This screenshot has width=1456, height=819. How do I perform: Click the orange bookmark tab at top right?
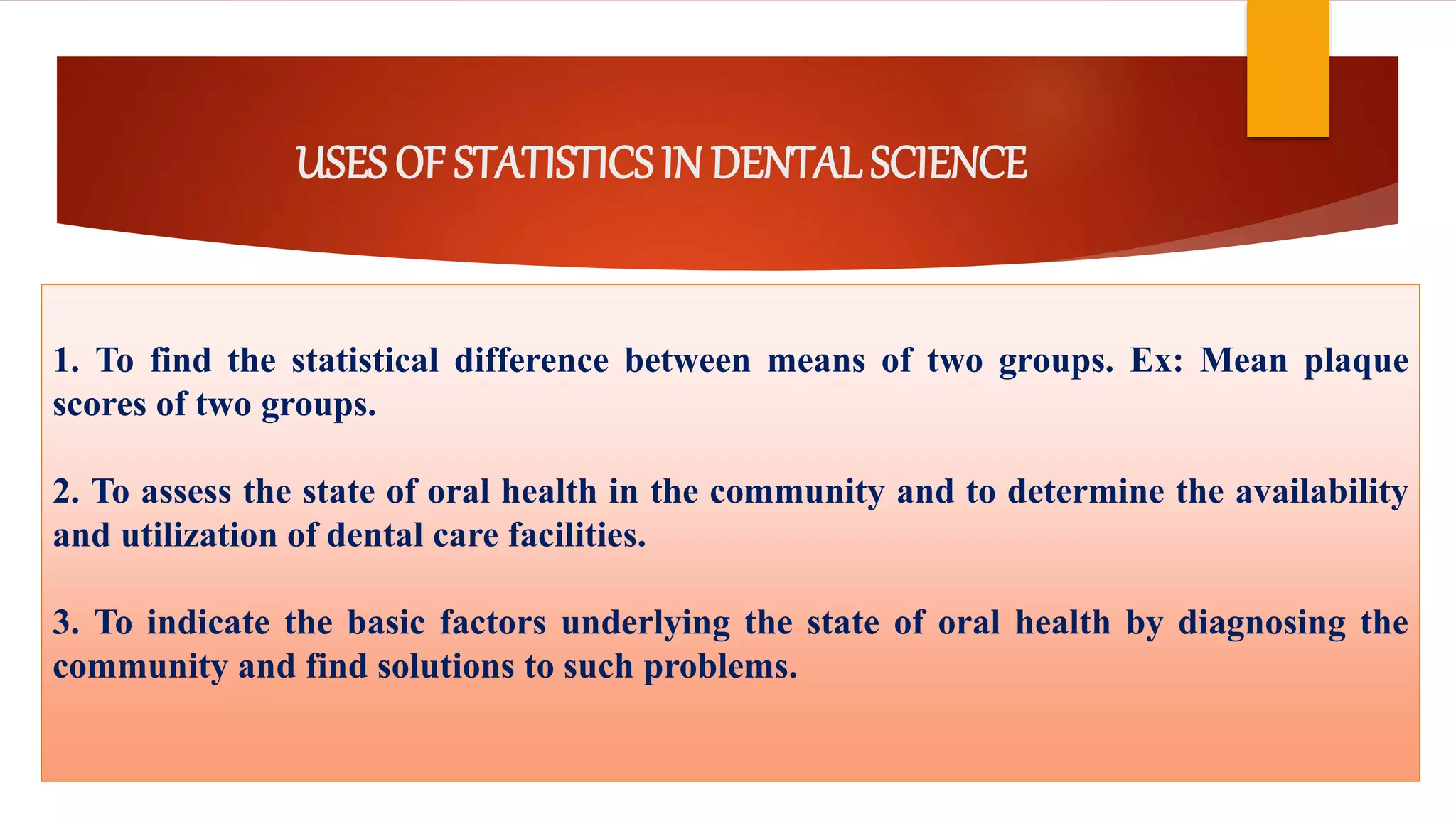[1288, 68]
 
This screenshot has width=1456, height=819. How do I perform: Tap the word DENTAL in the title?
[788, 163]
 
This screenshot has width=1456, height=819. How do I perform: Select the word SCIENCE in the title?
[948, 163]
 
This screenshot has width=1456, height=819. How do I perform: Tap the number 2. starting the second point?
[66, 492]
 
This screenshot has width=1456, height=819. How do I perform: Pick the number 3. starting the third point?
[66, 623]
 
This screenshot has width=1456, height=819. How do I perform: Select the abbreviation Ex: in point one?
[1157, 360]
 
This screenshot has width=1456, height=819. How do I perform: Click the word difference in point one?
[531, 360]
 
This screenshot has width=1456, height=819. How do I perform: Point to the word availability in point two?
[1321, 492]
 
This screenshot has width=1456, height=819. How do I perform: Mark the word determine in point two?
[1086, 492]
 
